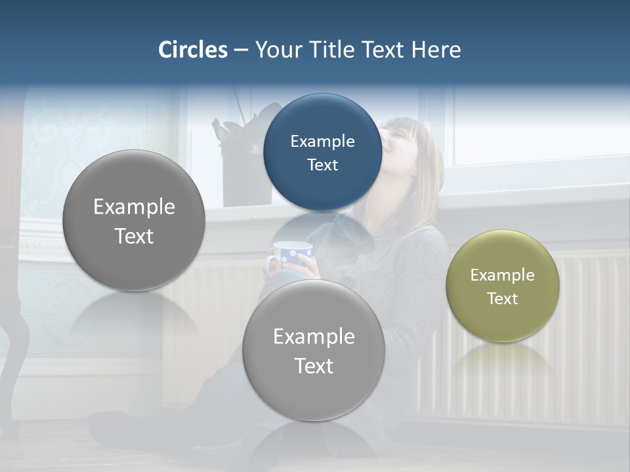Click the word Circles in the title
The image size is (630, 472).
point(193,50)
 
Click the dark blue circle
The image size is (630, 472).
point(322,152)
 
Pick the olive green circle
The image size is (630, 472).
point(503,286)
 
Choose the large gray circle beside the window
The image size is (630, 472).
point(134,220)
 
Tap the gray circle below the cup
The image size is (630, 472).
point(314,350)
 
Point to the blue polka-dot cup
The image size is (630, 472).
point(291,254)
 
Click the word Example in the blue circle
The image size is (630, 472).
point(322,141)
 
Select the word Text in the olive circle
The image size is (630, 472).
point(503,299)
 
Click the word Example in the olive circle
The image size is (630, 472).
point(503,275)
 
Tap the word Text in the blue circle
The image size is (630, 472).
point(322,165)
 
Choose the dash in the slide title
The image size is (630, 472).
point(241,50)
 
